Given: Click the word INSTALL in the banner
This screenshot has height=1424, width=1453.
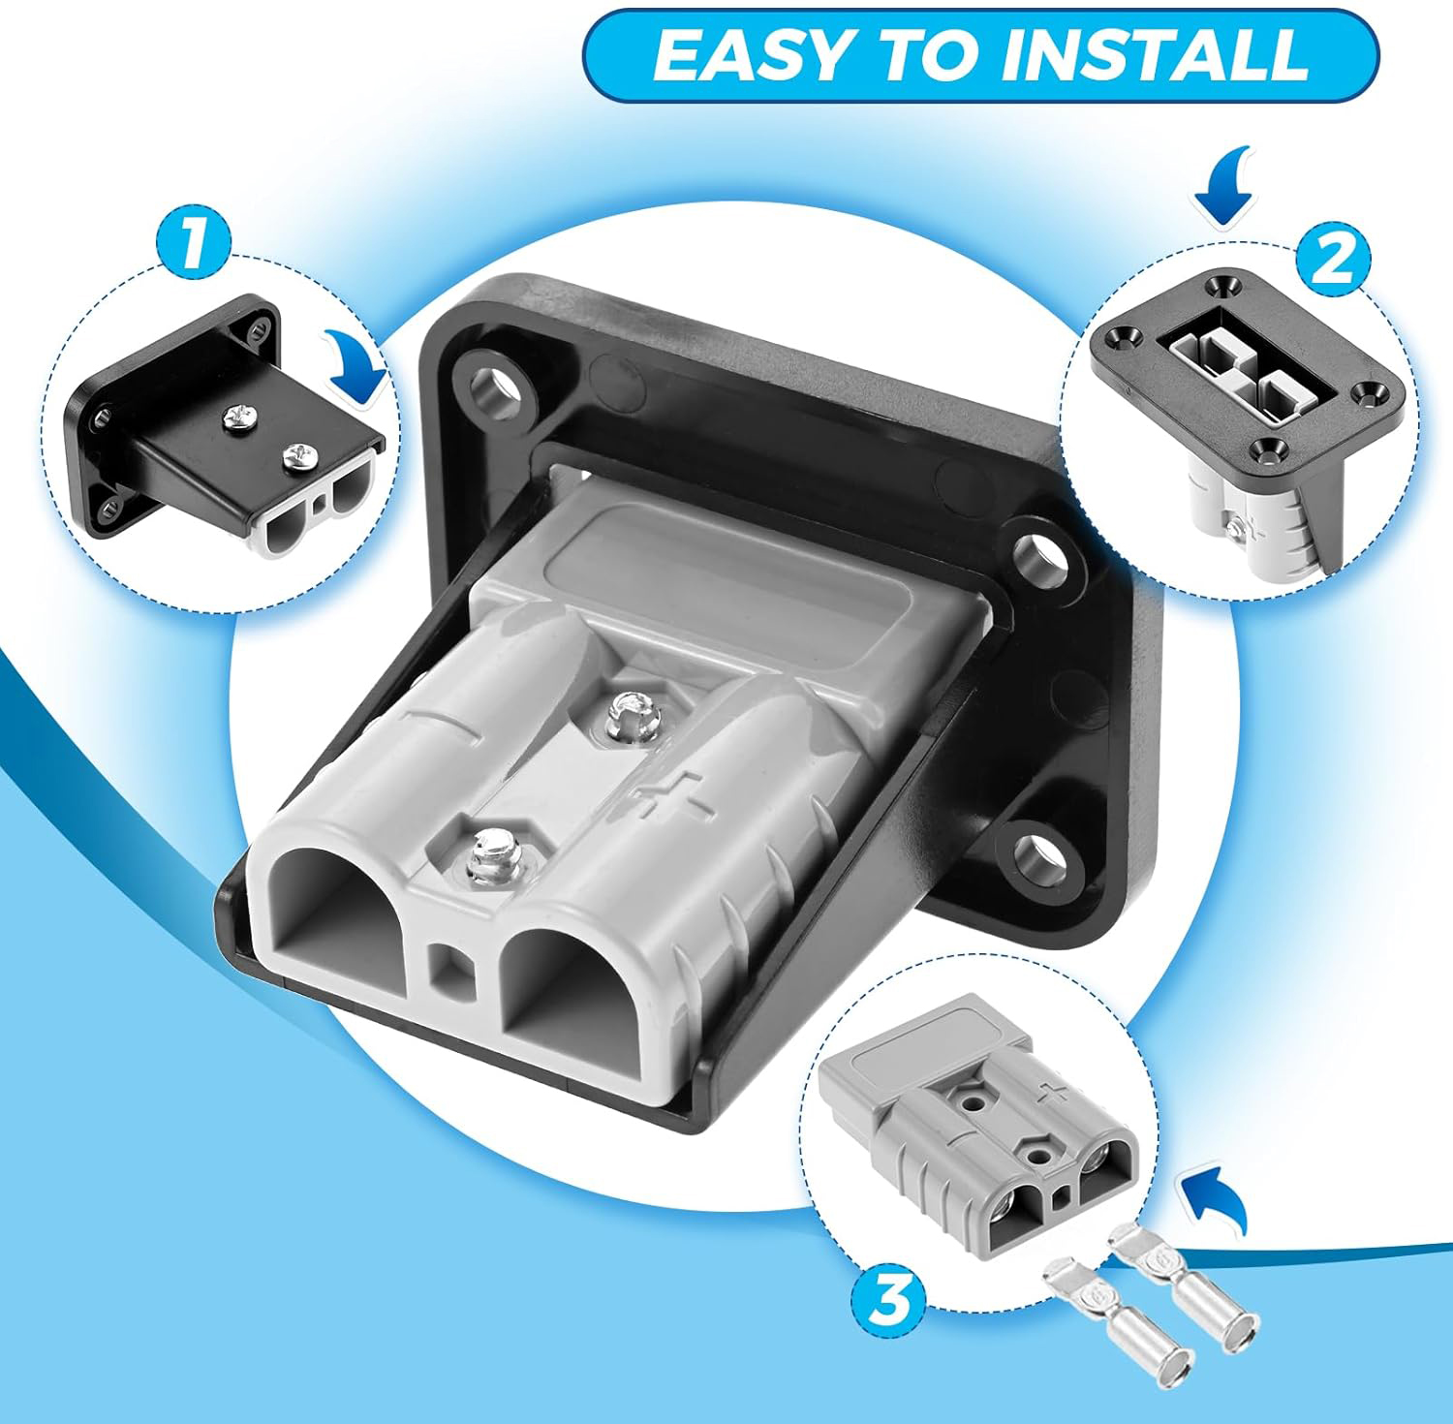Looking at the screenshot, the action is (x=1154, y=54).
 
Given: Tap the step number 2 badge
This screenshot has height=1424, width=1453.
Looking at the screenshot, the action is (x=1334, y=258).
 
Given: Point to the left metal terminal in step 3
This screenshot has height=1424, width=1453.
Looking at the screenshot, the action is (x=1116, y=1316).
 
